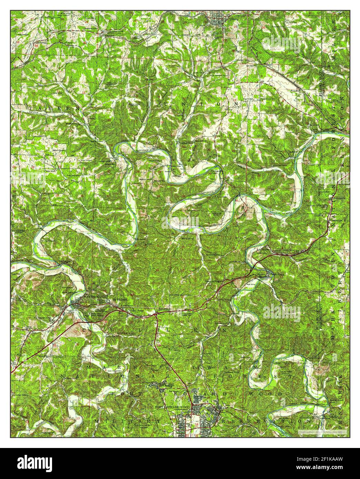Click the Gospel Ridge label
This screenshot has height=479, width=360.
point(136,310)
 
